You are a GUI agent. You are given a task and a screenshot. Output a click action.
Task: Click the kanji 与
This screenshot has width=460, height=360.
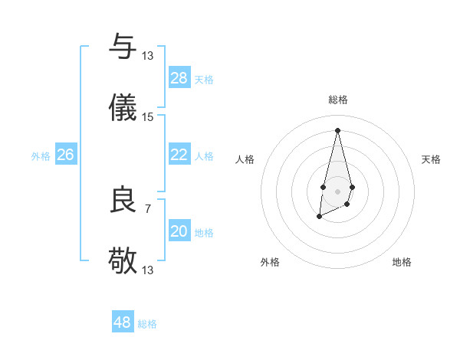pyautogui.click(x=123, y=47)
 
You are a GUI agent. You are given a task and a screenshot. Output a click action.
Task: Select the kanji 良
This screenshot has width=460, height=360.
pyautogui.click(x=123, y=200)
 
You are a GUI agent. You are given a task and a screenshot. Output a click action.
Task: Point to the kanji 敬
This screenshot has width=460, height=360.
pyautogui.click(x=123, y=261)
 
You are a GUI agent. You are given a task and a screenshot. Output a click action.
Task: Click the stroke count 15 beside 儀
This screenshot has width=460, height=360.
pyautogui.click(x=148, y=117)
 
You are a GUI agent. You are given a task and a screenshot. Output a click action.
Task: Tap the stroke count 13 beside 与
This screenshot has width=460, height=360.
pyautogui.click(x=148, y=56)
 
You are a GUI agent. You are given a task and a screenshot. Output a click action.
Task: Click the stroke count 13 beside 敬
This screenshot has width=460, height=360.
pyautogui.click(x=148, y=270)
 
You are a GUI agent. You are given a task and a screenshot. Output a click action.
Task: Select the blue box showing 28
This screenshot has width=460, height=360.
pyautogui.click(x=179, y=77)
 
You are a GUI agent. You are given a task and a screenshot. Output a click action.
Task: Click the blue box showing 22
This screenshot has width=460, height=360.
pyautogui.click(x=179, y=155)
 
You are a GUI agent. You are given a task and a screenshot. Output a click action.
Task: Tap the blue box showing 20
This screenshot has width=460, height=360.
pyautogui.click(x=179, y=231)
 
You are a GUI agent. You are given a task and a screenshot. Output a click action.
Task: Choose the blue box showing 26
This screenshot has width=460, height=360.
pyautogui.click(x=65, y=155)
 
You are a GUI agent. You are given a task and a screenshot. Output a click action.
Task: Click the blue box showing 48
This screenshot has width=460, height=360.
pyautogui.click(x=123, y=322)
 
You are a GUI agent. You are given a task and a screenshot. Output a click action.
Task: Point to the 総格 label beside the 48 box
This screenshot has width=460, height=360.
pyautogui.click(x=147, y=324)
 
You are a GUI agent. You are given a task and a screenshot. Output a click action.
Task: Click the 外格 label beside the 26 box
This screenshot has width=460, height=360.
pyautogui.click(x=41, y=156)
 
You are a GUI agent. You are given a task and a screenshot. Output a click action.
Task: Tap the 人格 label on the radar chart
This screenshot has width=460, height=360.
pyautogui.click(x=245, y=159)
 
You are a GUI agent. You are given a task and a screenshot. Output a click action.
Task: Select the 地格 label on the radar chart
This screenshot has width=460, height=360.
pyautogui.click(x=402, y=262)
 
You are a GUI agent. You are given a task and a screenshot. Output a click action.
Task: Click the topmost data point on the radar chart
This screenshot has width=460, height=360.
pyautogui.click(x=337, y=129)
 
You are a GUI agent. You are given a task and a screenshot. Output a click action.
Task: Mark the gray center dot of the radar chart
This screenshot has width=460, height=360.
pyautogui.click(x=337, y=190)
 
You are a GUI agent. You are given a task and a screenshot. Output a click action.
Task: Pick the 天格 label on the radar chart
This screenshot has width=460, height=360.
pyautogui.click(x=431, y=159)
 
